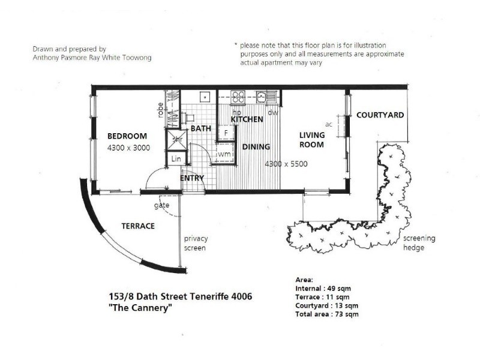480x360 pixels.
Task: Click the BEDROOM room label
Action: tap(127, 136)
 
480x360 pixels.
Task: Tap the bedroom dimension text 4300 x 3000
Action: tap(128, 148)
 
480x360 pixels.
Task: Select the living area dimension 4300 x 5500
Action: tap(286, 164)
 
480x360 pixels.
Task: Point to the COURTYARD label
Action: tap(380, 115)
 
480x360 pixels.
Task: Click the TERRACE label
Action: tap(138, 226)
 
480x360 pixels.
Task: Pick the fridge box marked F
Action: tap(226, 133)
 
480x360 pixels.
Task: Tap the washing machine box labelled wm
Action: tap(224, 154)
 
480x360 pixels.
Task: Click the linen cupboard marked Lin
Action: tap(176, 159)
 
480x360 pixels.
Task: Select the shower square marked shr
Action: tap(177, 140)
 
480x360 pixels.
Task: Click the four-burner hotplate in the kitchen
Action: tap(238, 97)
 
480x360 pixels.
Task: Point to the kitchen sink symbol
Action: tap(261, 97)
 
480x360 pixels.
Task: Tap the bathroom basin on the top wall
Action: tap(205, 97)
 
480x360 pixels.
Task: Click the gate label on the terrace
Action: tap(161, 205)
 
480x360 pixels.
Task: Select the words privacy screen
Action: tap(196, 243)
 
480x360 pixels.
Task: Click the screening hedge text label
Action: tap(419, 243)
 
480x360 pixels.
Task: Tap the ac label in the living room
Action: tap(328, 124)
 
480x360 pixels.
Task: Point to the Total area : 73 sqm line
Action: tap(327, 314)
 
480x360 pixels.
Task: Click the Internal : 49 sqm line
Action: tap(323, 289)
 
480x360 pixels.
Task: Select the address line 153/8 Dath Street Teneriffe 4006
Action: tap(181, 296)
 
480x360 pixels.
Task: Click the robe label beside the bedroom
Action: tap(160, 110)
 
